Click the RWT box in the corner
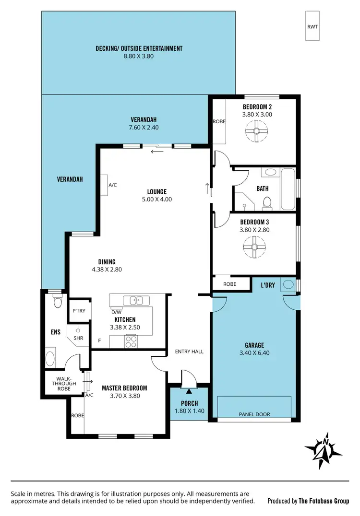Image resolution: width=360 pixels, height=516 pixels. (312, 26)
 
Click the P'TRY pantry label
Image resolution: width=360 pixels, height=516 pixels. (79, 311)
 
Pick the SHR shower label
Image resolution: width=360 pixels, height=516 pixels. (78, 338)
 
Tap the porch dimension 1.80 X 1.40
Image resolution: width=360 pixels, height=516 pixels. (189, 411)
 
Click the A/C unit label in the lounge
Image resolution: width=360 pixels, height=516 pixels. (113, 184)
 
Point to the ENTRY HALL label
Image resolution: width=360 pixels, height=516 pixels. (190, 352)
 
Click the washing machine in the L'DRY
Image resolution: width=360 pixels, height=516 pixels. (288, 285)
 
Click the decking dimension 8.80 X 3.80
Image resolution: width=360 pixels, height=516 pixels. (139, 56)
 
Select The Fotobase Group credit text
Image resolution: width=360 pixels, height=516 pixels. (308, 501)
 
